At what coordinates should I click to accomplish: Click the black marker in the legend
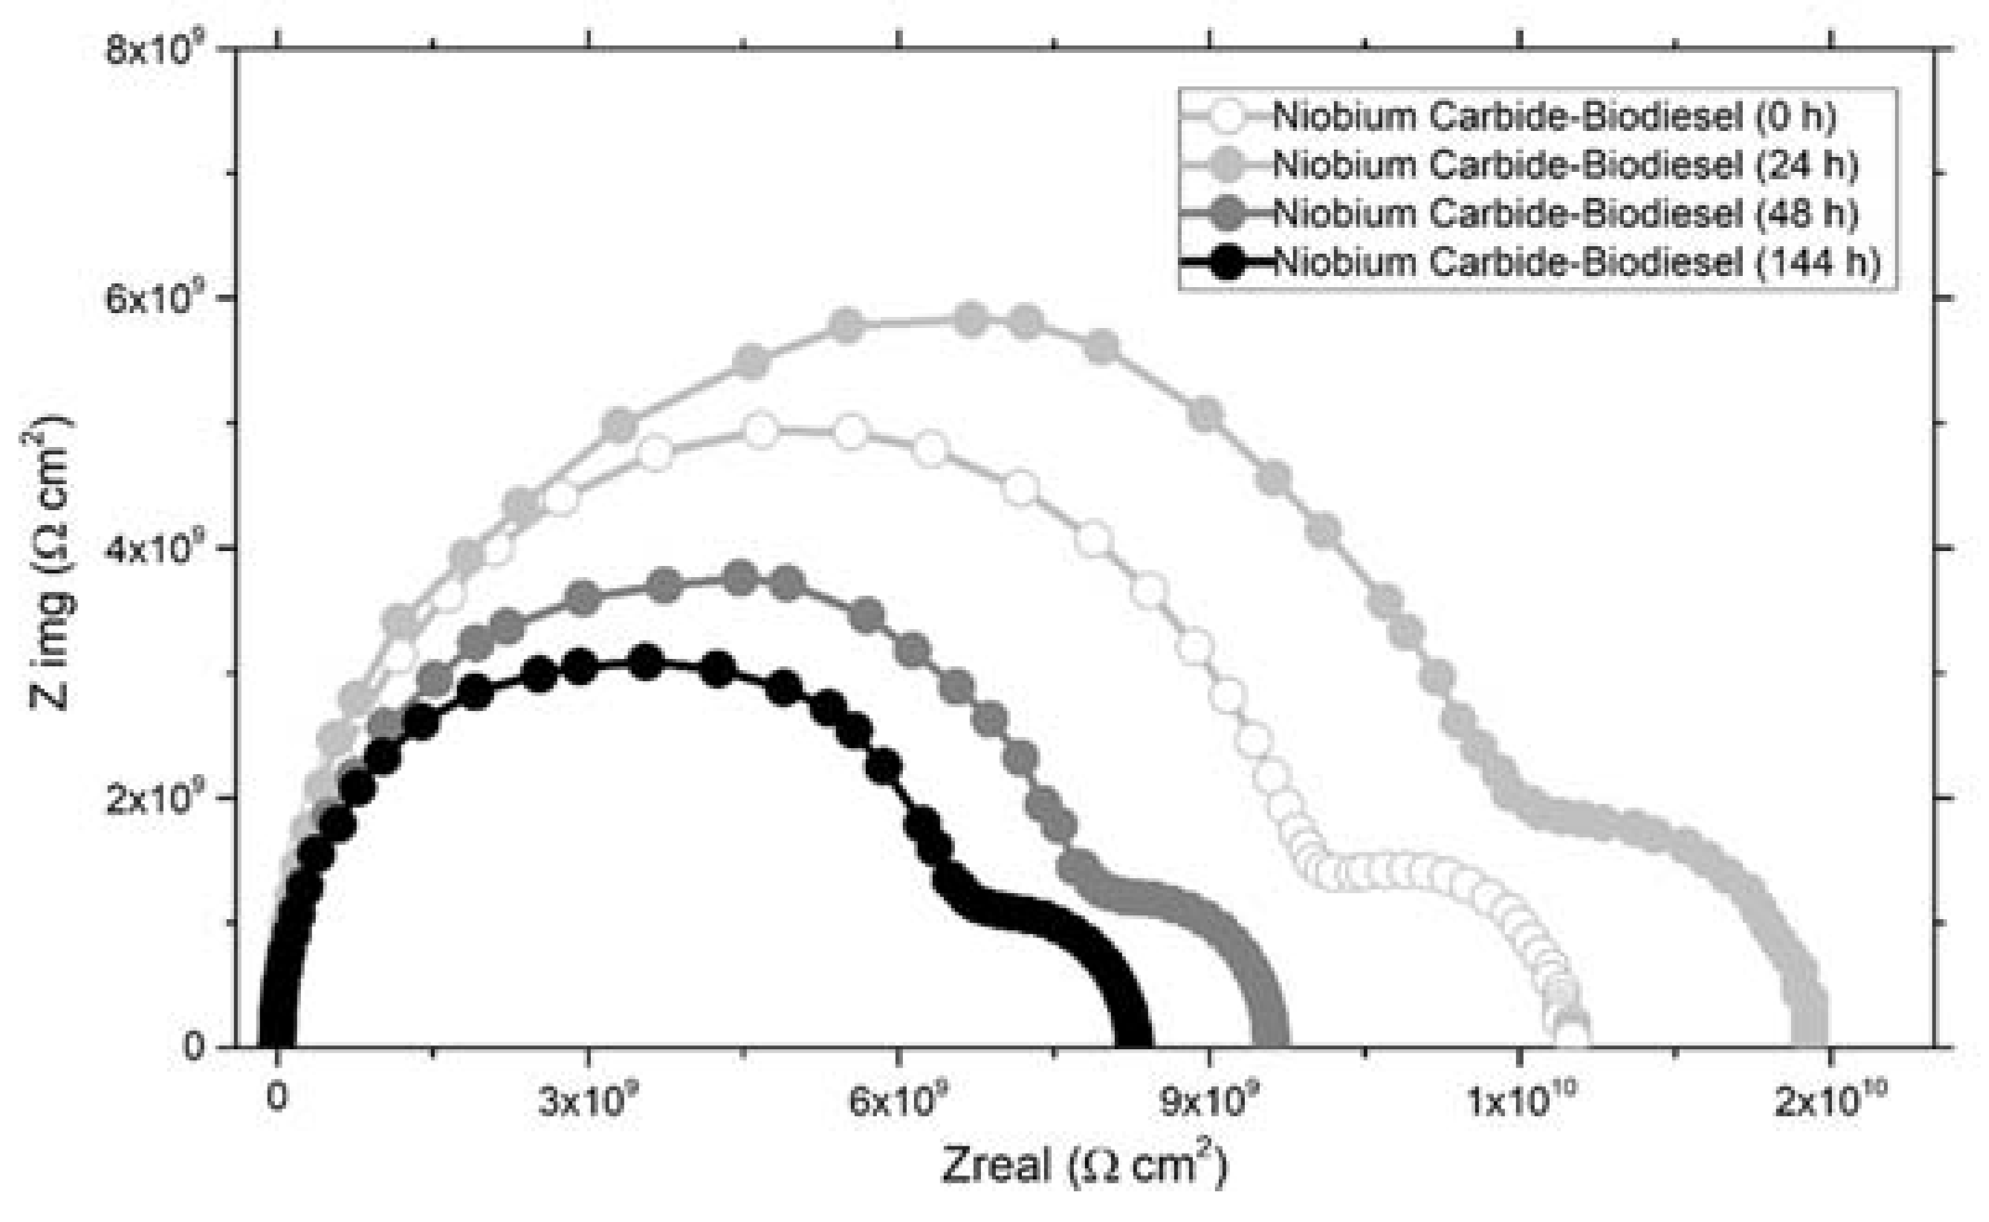pyautogui.click(x=1228, y=263)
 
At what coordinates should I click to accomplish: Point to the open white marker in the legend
pyautogui.click(x=1228, y=118)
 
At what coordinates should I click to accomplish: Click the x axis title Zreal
pyautogui.click(x=1082, y=1163)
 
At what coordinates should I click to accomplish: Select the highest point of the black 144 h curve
pyautogui.click(x=647, y=662)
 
